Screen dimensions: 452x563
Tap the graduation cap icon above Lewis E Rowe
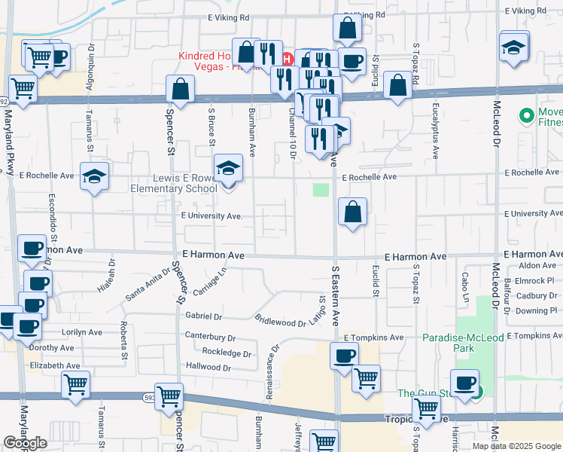pyautogui.click(x=228, y=169)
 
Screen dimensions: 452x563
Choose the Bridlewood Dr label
pyautogui.click(x=280, y=321)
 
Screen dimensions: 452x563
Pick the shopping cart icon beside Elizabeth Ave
pyautogui.click(x=75, y=384)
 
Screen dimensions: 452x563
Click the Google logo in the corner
pyautogui.click(x=25, y=442)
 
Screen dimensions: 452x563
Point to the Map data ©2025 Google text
pyautogui.click(x=516, y=445)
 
